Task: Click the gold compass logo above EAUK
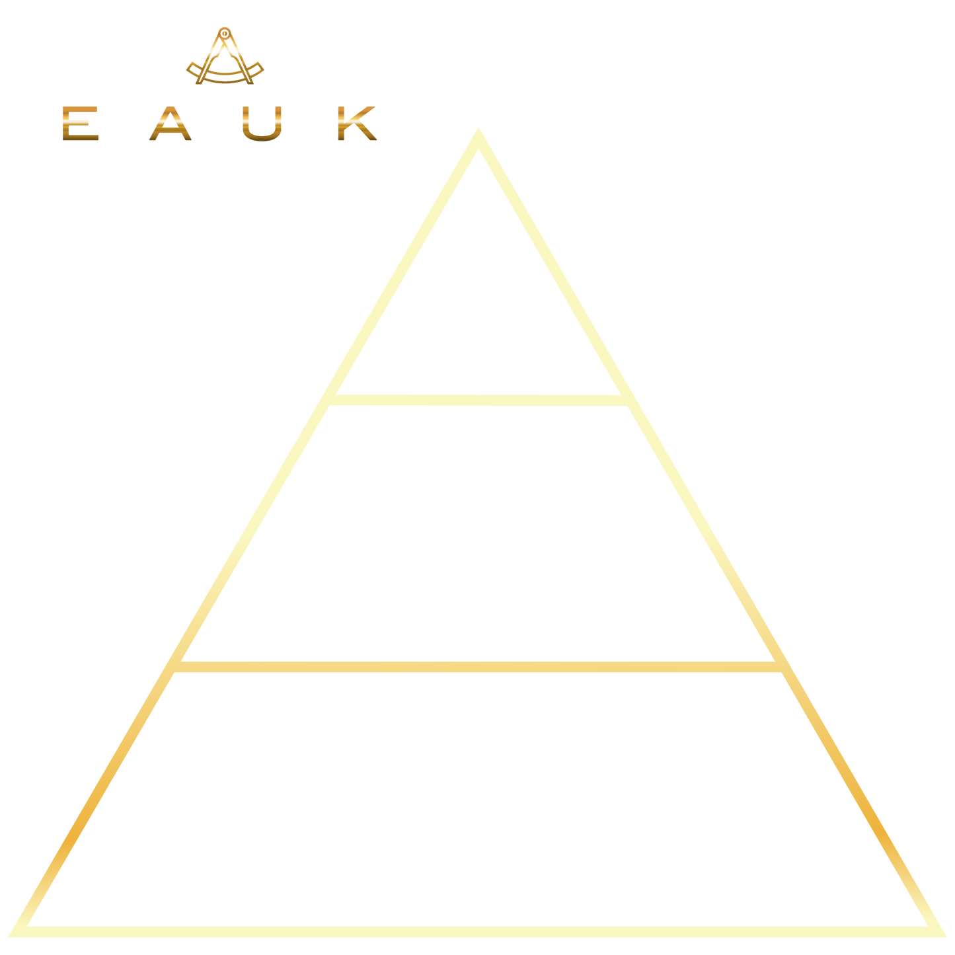coord(225,57)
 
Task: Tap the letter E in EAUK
coord(80,124)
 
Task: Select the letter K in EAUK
coord(356,124)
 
